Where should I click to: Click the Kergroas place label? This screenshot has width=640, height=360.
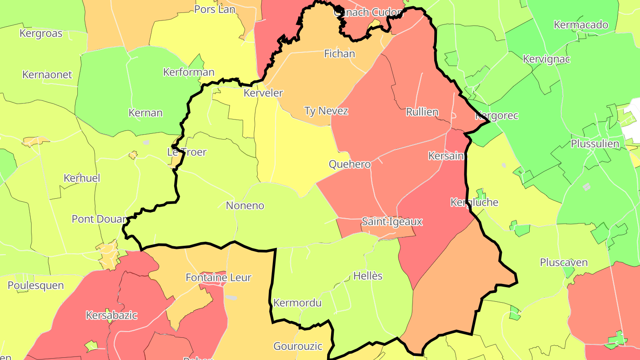click(41, 33)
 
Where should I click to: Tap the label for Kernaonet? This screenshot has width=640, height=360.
click(47, 74)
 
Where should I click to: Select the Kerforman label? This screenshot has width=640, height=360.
click(189, 72)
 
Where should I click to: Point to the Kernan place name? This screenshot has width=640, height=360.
click(145, 112)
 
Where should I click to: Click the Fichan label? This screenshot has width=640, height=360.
click(340, 54)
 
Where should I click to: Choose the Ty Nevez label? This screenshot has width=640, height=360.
click(326, 111)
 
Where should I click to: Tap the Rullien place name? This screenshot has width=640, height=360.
click(422, 112)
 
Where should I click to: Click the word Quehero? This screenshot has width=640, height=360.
click(350, 164)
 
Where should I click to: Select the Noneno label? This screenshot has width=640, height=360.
click(245, 205)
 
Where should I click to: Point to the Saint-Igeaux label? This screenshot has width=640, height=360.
click(392, 221)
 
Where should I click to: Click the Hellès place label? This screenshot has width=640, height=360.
click(368, 276)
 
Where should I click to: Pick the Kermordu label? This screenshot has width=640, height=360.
click(297, 303)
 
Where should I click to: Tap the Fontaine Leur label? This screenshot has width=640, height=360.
click(218, 278)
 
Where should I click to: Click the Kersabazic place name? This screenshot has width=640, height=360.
click(112, 316)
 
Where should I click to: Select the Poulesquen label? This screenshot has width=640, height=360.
click(36, 285)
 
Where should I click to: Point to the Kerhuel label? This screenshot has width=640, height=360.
click(82, 178)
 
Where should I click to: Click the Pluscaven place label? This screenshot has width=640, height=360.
click(564, 262)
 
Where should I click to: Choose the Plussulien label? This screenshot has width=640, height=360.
click(595, 144)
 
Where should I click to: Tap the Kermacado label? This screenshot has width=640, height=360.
click(581, 24)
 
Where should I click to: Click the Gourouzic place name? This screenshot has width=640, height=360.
click(298, 346)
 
